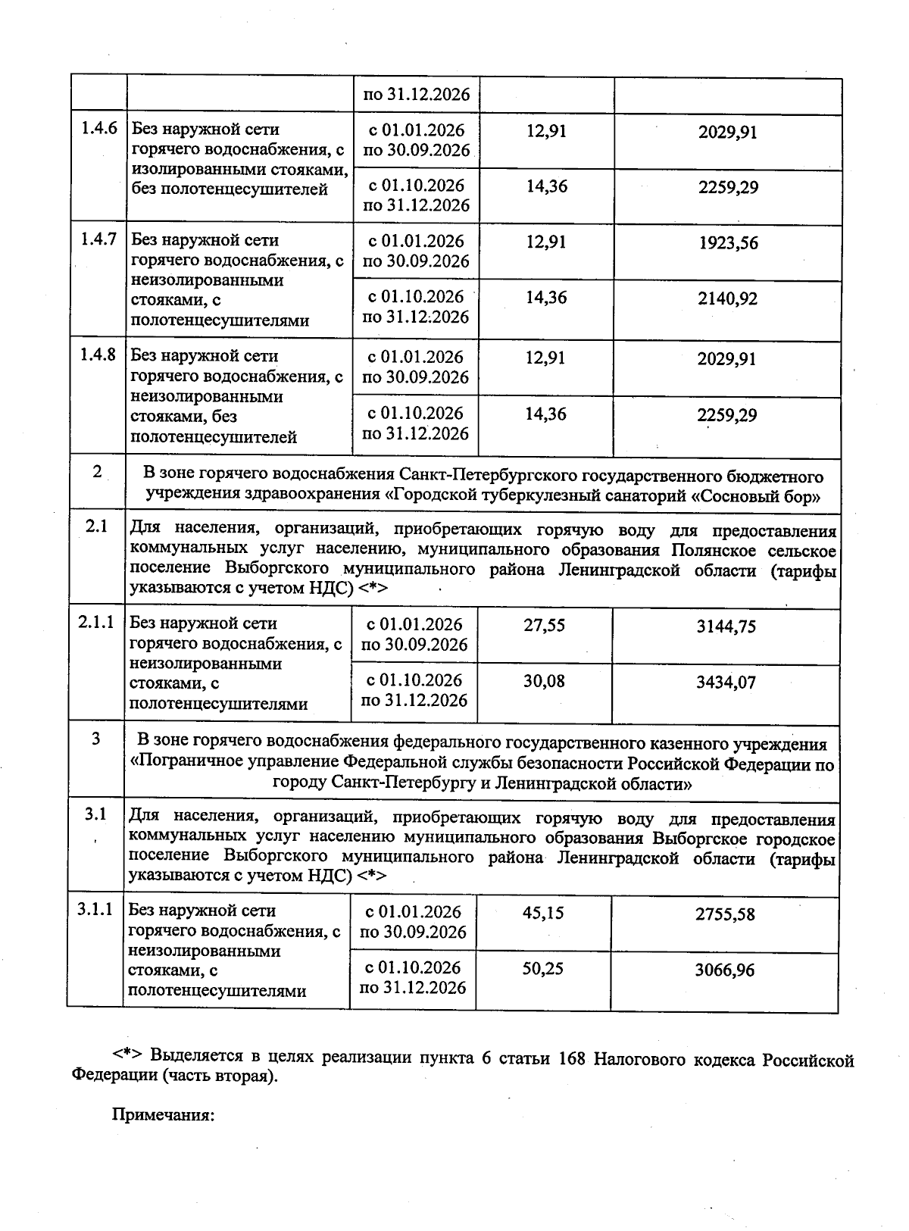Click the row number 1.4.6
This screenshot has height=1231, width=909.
(x=98, y=127)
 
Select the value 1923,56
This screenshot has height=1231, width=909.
(x=728, y=243)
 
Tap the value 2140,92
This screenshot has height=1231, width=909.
(x=727, y=298)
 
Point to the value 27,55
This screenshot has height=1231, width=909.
(x=544, y=626)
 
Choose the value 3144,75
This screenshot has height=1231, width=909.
(x=726, y=626)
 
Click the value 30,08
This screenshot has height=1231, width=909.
(x=544, y=681)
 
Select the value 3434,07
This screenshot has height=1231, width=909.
(x=726, y=683)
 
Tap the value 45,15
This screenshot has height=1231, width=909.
(x=543, y=913)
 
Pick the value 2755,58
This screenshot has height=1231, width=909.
(x=725, y=914)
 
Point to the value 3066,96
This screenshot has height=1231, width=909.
(x=725, y=970)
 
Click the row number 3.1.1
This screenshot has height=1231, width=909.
(x=95, y=909)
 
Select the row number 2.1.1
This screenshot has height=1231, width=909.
(x=96, y=622)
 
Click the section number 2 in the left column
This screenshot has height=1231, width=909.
(x=97, y=471)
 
